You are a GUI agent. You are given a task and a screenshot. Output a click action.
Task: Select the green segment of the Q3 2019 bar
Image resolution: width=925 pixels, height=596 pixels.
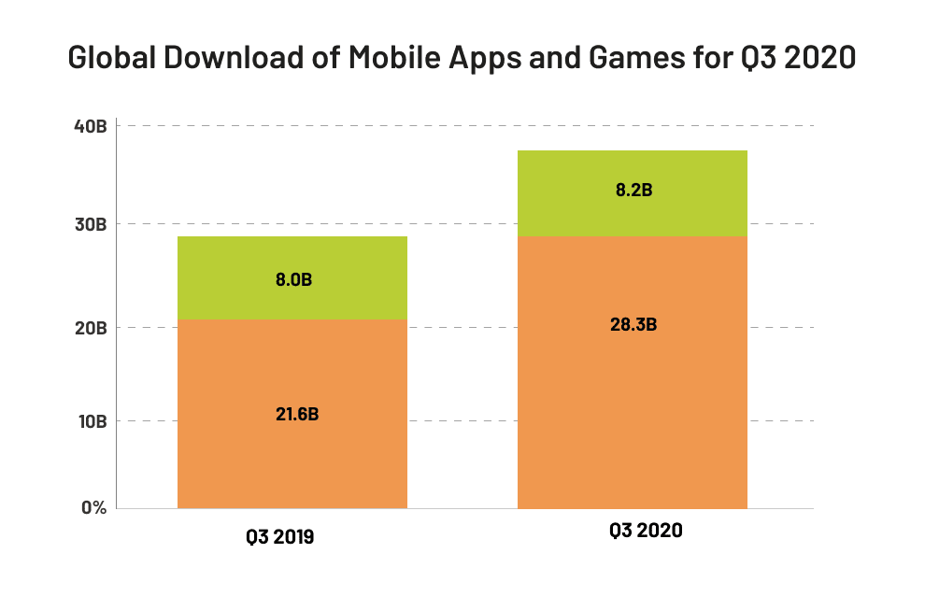click(292, 257)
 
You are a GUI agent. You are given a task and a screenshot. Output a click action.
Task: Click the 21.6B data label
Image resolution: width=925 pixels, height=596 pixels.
click(292, 414)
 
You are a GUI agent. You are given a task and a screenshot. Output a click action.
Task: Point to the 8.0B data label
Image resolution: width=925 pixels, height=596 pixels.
click(292, 279)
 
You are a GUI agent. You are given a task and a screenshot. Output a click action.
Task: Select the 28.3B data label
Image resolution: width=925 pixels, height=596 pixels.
click(632, 325)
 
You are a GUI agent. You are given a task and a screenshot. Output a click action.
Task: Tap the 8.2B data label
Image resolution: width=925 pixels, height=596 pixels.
click(632, 191)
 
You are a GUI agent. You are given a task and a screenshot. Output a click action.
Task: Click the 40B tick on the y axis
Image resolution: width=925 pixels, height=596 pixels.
click(92, 126)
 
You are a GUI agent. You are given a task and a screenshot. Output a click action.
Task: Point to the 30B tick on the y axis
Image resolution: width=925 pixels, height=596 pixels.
click(92, 225)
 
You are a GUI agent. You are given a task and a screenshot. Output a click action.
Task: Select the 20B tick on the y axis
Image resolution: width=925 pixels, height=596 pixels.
click(92, 328)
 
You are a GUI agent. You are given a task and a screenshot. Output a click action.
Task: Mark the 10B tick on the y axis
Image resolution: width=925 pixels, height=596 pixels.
click(92, 421)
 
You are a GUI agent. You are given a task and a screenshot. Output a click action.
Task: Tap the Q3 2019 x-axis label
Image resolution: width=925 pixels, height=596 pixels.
click(279, 537)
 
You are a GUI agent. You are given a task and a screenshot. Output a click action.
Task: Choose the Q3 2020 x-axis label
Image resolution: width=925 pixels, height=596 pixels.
click(645, 532)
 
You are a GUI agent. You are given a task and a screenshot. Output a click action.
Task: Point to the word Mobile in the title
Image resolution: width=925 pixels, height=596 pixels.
click(392, 58)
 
